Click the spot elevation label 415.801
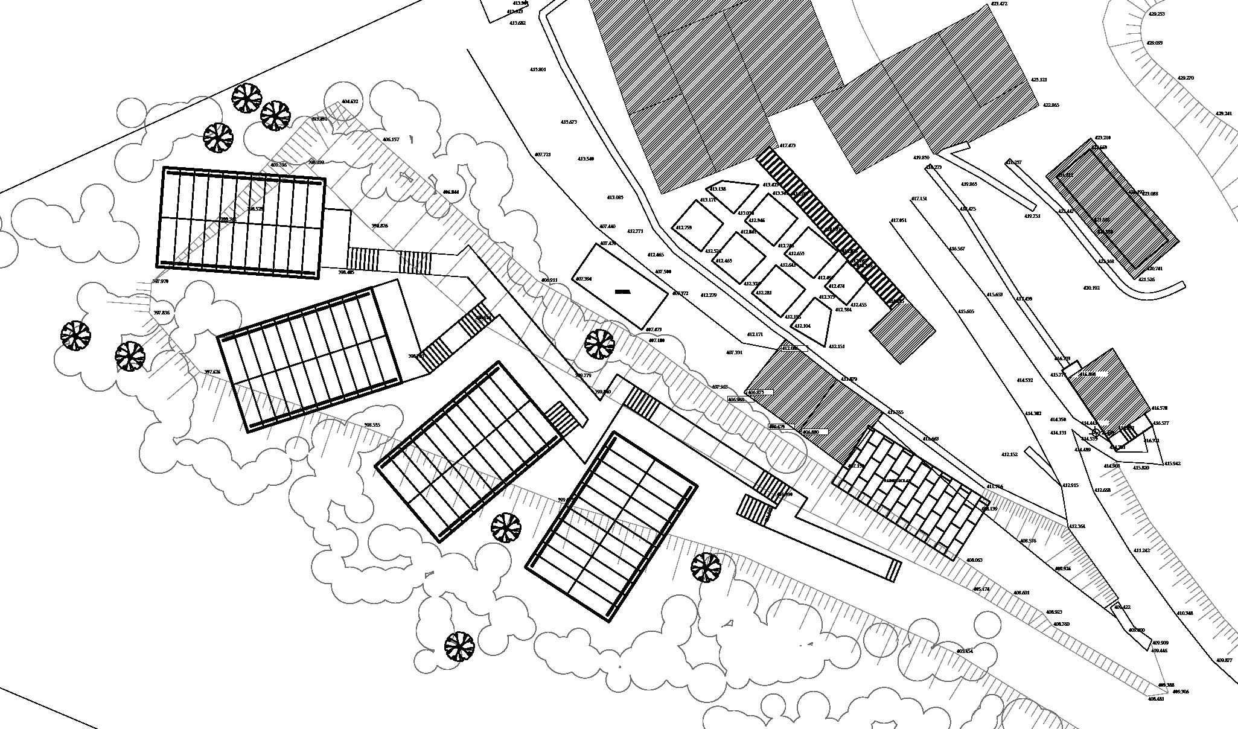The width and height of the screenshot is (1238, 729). coord(538,69)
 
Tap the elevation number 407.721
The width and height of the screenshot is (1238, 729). coord(543,154)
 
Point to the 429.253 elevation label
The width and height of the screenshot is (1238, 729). coord(1157,14)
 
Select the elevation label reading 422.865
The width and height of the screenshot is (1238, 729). coord(1051,105)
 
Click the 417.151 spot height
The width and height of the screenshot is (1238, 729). coord(919,199)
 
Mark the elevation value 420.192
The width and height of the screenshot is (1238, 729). coord(1091,288)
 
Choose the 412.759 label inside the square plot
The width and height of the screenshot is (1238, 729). coord(683,228)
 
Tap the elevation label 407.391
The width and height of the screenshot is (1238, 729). coord(734,352)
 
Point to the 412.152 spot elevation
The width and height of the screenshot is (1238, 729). coord(1009,454)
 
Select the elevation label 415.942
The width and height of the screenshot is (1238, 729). coord(1172,463)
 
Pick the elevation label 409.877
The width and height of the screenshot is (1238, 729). coord(1224,660)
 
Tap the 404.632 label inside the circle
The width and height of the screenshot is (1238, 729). coord(350,101)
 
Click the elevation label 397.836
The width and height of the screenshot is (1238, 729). coord(161,313)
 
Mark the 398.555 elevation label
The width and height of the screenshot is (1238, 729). coord(372,425)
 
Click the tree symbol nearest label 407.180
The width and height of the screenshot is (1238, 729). coord(599,343)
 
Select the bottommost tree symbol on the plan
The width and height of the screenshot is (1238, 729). coord(459,646)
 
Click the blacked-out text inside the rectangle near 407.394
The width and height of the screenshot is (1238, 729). coord(622,291)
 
